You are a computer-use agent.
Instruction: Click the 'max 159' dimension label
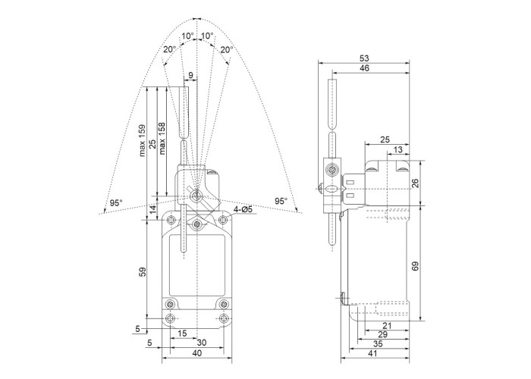pos(143,140)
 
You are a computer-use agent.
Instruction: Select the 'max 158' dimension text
pos(162,139)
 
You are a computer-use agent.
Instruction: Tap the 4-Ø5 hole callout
pos(243,209)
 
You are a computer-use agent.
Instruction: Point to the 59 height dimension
pos(143,272)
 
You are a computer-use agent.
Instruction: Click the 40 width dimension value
pos(196,353)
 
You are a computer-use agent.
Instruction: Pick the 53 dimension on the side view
pos(364,58)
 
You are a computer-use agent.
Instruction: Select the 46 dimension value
pos(364,68)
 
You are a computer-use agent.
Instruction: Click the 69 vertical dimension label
pos(416,265)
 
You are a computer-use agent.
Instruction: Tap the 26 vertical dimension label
pos(416,183)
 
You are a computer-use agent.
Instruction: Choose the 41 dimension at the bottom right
pos(372,353)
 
